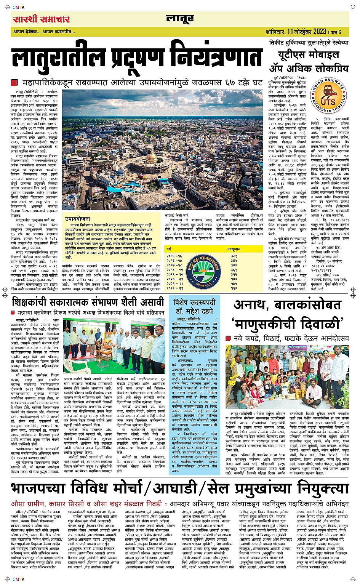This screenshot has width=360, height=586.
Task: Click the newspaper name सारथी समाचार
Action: coord(41,19)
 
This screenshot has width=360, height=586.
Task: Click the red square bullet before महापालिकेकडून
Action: coord(14,82)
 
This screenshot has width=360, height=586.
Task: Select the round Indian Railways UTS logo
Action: coord(328,96)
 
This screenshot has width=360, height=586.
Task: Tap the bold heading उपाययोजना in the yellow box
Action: coord(77,219)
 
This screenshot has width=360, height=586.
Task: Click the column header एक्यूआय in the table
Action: coord(234,249)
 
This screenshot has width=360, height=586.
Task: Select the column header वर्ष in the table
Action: coord(168,249)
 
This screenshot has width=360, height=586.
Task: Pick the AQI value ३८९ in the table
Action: coord(234,256)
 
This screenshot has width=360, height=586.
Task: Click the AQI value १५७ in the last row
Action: coord(234,288)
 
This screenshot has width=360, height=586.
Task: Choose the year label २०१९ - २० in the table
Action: coord(174,274)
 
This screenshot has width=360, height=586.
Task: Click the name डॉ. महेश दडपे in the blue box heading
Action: coord(194,311)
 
